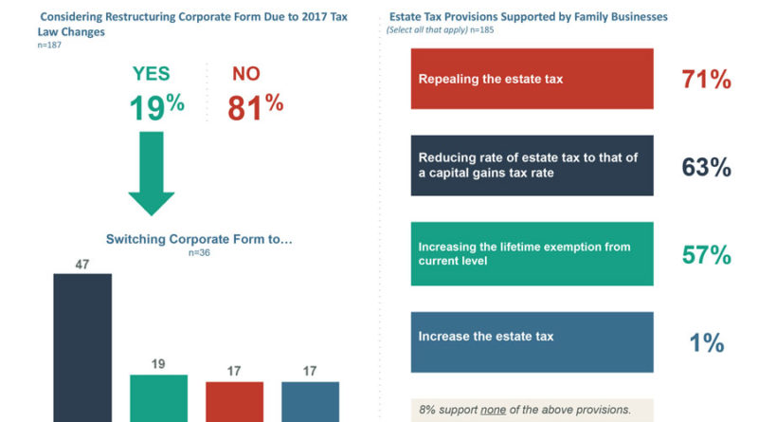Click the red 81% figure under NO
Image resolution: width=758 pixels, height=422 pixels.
pyautogui.click(x=255, y=105)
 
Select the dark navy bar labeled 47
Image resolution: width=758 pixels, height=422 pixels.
pyautogui.click(x=82, y=347)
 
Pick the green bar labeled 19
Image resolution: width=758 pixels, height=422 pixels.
pyautogui.click(x=159, y=397)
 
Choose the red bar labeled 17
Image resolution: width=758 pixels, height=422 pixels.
pyautogui.click(x=234, y=401)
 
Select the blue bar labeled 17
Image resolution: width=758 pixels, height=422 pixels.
pyautogui.click(x=310, y=401)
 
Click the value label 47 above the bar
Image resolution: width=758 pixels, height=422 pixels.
pyautogui.click(x=82, y=264)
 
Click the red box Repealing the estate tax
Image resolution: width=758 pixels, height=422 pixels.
pyautogui.click(x=532, y=80)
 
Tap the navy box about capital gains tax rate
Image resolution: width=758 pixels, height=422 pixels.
pyautogui.click(x=532, y=166)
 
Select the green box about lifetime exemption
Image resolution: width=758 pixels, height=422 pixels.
pyautogui.click(x=532, y=253)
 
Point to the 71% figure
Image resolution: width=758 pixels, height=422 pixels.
pyautogui.click(x=706, y=80)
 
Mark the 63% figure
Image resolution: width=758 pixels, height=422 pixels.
pyautogui.click(x=706, y=167)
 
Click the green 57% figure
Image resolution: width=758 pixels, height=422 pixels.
pyautogui.click(x=706, y=254)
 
